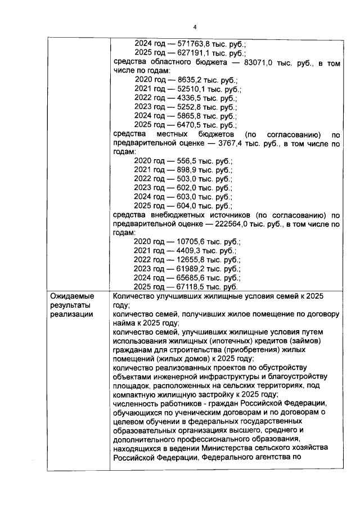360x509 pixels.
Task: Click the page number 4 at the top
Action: (195, 26)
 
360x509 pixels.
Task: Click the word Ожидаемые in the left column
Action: (72, 296)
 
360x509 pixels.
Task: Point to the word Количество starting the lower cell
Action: (136, 296)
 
